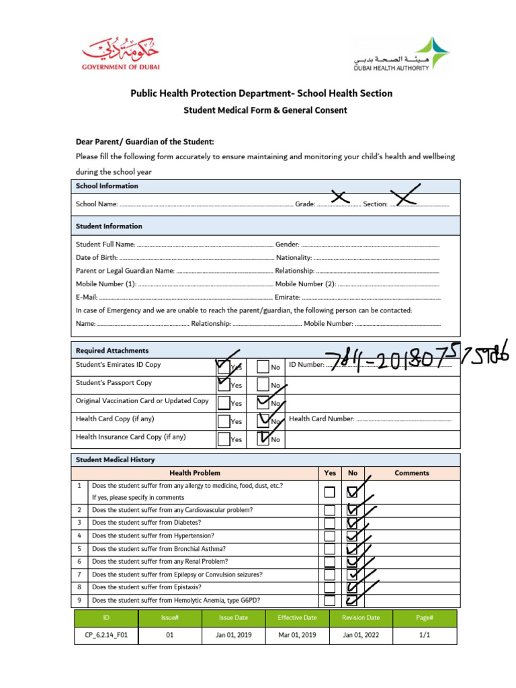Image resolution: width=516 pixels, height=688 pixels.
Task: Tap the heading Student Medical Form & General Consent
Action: pos(265,110)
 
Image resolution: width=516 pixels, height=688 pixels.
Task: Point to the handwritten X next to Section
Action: pos(406,195)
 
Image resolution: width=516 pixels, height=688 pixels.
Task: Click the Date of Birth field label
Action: pos(97,257)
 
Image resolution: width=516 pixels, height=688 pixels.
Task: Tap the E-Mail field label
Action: pos(87,297)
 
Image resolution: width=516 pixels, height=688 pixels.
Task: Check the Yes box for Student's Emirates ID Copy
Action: pos(224,367)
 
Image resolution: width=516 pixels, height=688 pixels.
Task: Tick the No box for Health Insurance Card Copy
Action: pos(264,439)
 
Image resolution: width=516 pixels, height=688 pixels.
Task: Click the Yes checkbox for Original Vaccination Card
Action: pos(224,402)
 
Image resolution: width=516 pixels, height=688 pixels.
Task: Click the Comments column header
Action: pos(411,473)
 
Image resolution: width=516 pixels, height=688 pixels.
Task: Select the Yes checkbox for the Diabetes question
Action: pos(329,523)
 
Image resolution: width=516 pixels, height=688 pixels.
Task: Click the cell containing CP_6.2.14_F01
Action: pos(106,634)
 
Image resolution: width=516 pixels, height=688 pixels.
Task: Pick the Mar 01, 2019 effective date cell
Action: pos(297,634)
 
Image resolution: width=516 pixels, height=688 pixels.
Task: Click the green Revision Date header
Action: pos(360,617)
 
